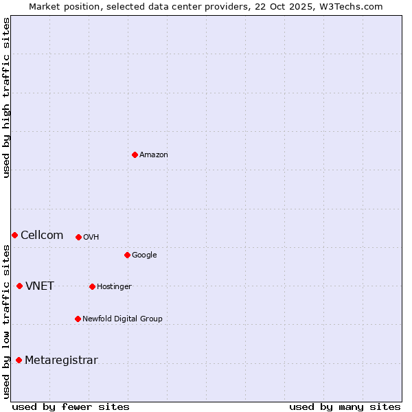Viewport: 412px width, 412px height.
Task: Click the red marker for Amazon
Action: (135, 154)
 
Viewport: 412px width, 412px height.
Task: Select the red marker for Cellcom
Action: (14, 235)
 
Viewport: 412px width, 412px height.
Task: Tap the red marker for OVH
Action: (78, 237)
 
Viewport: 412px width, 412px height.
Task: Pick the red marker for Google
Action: (127, 255)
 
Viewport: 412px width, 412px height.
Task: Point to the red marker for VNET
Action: (19, 286)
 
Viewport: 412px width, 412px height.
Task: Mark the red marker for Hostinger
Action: (92, 286)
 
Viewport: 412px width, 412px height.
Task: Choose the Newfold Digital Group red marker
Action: (78, 319)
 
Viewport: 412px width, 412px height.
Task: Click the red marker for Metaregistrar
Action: (19, 360)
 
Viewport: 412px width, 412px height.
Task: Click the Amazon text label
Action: (154, 155)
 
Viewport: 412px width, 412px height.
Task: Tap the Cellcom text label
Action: (42, 235)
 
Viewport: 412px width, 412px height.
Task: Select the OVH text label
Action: (91, 238)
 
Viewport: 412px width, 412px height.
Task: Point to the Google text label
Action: (144, 255)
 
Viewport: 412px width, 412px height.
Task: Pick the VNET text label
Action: (40, 286)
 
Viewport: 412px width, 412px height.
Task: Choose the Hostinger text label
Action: (114, 287)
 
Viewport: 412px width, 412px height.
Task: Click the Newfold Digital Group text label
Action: (122, 319)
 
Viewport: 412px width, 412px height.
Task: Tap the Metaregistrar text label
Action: (61, 360)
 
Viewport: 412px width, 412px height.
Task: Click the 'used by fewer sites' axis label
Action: (71, 407)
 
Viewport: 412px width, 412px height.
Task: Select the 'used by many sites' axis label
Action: (345, 407)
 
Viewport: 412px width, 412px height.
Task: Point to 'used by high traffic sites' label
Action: (6, 98)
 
